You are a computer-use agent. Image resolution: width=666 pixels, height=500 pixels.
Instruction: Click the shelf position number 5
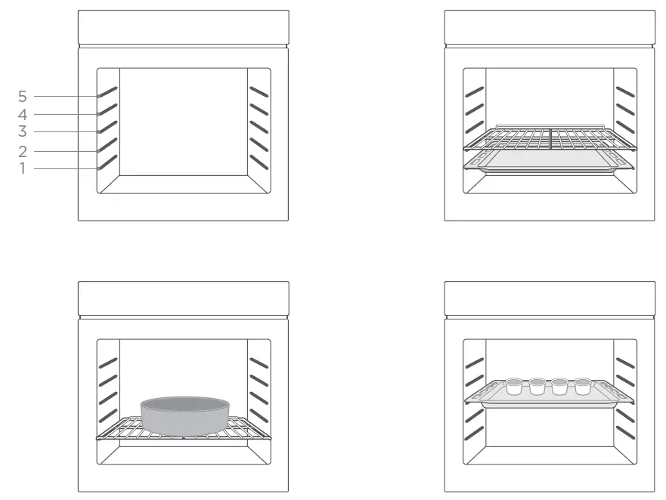(23, 97)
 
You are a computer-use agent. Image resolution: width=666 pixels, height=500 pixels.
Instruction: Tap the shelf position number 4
(23, 115)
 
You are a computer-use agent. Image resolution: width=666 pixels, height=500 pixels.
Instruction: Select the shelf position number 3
(23, 132)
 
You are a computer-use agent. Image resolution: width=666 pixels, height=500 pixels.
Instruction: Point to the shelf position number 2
(23, 151)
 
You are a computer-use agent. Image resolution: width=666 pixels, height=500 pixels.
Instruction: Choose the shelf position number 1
(23, 168)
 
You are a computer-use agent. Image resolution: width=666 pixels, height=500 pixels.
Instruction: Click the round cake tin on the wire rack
(184, 414)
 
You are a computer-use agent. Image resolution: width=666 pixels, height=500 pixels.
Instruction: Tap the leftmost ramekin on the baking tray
(514, 387)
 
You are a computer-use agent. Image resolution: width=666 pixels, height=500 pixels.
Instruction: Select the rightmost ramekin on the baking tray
(582, 387)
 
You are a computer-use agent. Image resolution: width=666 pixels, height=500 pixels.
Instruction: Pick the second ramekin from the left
(537, 387)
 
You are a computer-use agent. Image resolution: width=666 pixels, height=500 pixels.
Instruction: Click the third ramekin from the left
(559, 387)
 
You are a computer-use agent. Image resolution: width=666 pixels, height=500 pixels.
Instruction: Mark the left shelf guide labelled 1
(107, 162)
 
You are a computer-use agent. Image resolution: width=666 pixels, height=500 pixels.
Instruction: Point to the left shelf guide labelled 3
(107, 127)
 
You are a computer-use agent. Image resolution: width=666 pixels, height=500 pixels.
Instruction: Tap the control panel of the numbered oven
(183, 27)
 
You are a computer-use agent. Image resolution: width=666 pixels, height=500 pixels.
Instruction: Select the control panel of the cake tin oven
(183, 298)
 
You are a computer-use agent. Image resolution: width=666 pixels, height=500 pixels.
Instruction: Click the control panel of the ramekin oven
(550, 298)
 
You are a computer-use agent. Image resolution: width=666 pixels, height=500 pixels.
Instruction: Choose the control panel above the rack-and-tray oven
(550, 27)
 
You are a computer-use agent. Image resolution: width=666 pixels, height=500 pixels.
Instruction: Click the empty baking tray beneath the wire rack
(550, 161)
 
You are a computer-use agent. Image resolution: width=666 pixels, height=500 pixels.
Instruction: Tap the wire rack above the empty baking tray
(550, 137)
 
